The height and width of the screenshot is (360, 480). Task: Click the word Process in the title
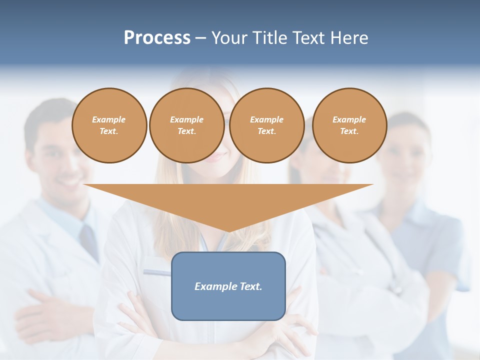tap(157, 38)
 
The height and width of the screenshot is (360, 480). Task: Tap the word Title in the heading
tap(270, 38)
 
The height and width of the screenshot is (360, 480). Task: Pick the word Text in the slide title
tap(309, 38)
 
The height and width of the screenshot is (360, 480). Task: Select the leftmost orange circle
tap(109, 125)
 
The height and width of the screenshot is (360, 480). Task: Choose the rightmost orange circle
tap(349, 125)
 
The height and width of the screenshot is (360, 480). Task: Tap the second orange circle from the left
tap(186, 125)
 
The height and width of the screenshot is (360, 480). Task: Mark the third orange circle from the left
tap(266, 125)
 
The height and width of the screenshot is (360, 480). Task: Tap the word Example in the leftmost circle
tap(109, 119)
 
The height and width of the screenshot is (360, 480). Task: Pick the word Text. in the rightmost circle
tap(349, 131)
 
